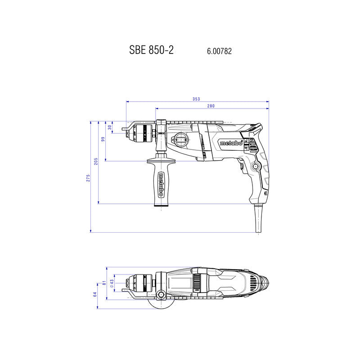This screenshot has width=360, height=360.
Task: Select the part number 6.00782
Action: click(219, 51)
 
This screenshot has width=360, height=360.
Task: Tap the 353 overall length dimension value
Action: click(196, 99)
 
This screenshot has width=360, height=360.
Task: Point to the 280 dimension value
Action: click(211, 106)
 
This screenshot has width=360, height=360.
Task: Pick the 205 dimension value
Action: click(96, 162)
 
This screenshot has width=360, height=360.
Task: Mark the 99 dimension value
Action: click(103, 139)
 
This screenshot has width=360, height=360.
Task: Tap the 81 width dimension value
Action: click(104, 283)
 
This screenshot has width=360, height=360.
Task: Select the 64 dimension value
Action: click(95, 295)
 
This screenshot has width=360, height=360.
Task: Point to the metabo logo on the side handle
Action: click(161, 184)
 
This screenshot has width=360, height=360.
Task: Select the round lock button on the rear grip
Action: click(256, 167)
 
